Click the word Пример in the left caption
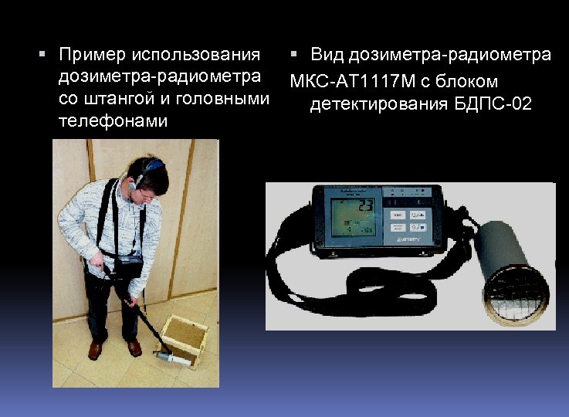click(92, 56)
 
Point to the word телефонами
click(113, 122)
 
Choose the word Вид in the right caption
click(327, 55)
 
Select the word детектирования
click(375, 104)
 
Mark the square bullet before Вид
click(296, 55)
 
